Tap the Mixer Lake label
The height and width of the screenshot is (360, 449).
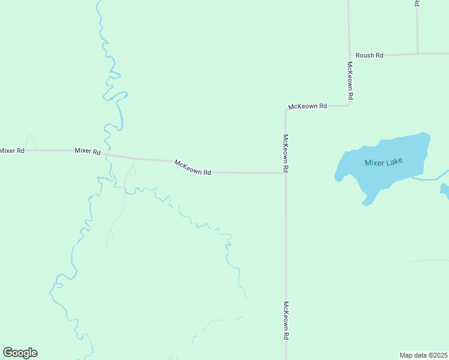coord(384,162)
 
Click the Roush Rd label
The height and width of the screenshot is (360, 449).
coord(369,55)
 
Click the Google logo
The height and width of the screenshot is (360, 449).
coord(20,353)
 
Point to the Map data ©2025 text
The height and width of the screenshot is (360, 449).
coord(423,355)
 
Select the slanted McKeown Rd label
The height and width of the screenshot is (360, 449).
coord(193,167)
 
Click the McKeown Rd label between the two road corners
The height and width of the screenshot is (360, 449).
coord(307,106)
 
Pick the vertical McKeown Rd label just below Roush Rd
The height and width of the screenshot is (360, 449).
coord(349,80)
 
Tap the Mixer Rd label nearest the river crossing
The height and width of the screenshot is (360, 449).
coord(87,151)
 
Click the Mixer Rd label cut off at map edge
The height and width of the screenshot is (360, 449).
coord(12,151)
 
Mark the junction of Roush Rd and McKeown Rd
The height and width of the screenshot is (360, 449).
coord(349,55)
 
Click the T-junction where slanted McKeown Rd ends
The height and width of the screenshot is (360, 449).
coord(286,173)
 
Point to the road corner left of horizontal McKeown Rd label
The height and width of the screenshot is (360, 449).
coord(286,109)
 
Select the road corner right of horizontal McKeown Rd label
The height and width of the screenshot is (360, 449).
coord(349,106)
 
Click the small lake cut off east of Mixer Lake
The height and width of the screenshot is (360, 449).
coord(445,191)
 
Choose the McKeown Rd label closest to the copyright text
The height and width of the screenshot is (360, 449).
coord(286,321)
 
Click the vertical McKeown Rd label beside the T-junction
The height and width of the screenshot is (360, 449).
coord(286,154)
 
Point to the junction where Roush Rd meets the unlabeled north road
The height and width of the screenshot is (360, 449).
coord(417,54)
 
